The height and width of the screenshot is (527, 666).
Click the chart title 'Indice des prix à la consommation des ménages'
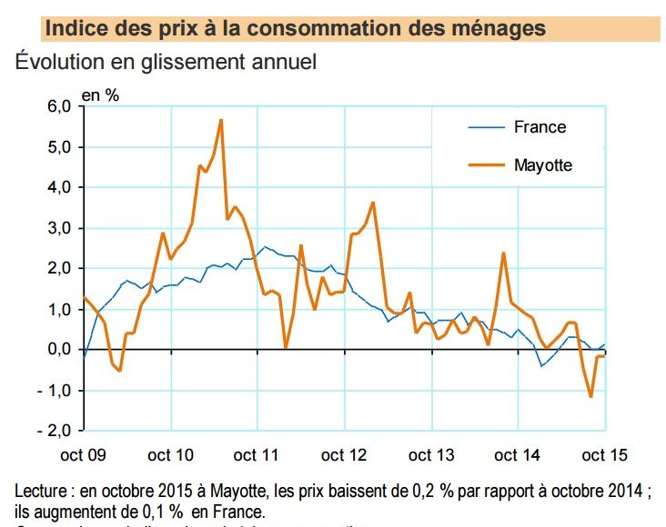click(295, 29)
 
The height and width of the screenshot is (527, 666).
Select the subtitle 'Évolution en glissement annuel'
click(166, 64)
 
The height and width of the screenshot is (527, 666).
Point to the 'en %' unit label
click(101, 94)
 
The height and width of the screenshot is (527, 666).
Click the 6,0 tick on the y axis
click(57, 106)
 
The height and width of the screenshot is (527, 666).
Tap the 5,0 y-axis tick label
click(57, 147)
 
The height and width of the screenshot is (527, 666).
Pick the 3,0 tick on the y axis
click(57, 228)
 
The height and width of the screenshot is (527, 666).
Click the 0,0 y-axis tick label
click(57, 350)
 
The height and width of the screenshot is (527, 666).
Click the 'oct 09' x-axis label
click(84, 453)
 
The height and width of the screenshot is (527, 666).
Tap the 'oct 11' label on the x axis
click(257, 453)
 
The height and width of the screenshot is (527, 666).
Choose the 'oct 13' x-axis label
click(431, 453)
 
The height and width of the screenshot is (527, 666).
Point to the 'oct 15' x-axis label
click(604, 453)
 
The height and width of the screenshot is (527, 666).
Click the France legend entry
click(540, 127)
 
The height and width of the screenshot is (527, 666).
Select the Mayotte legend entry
click(543, 164)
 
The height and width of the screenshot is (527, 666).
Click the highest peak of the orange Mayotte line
click(220, 120)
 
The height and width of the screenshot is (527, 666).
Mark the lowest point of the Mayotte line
click(590, 396)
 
